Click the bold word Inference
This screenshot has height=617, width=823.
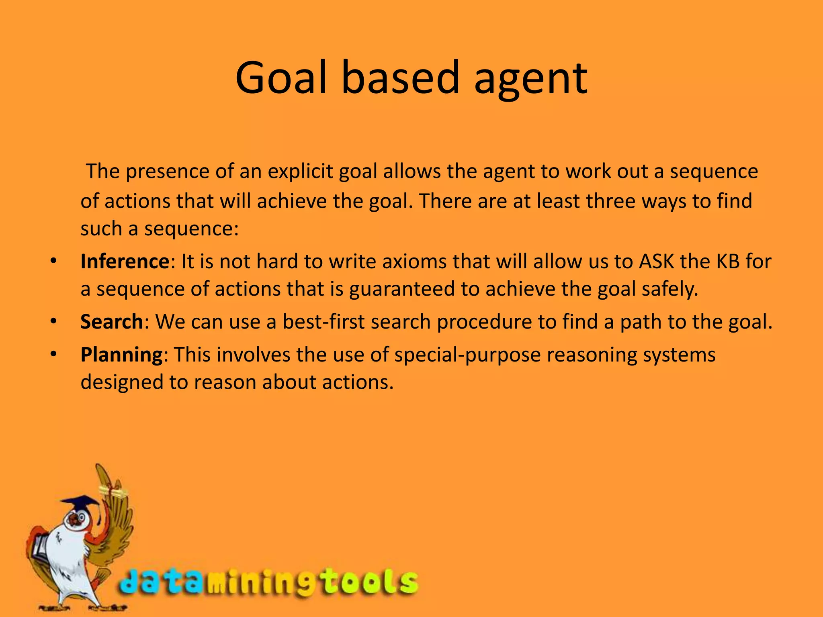[x=125, y=262]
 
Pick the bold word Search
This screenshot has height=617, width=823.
[x=112, y=322]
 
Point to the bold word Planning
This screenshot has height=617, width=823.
[x=121, y=355]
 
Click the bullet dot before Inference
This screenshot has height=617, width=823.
[x=54, y=262]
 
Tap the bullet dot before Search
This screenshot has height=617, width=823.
[x=54, y=322]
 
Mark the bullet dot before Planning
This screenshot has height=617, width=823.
[x=54, y=355]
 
